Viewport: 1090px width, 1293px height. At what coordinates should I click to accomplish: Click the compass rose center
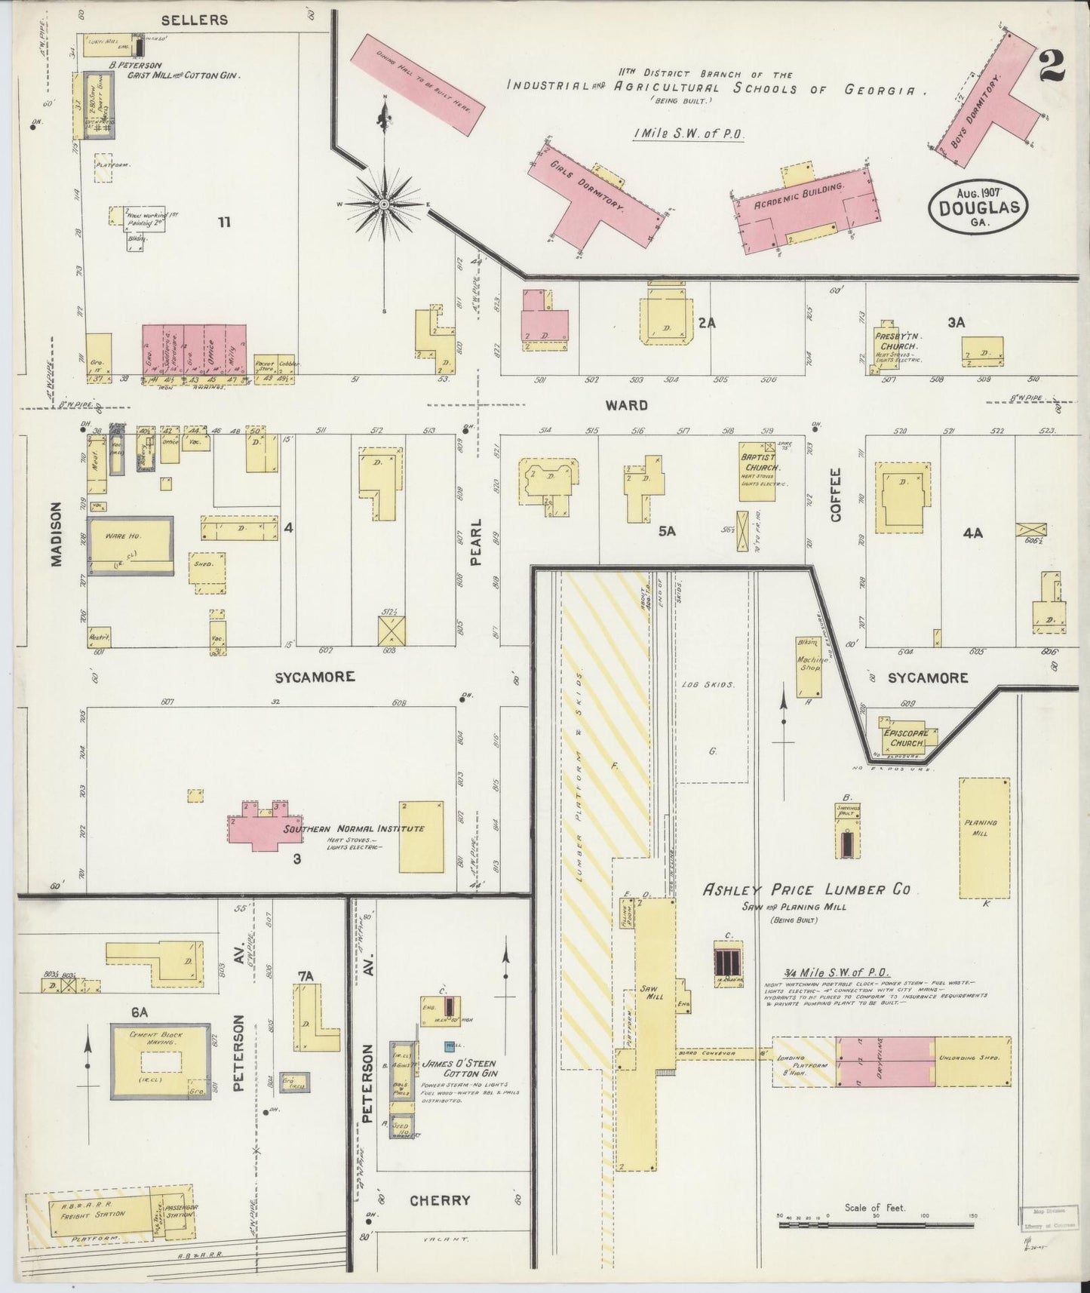coord(385,204)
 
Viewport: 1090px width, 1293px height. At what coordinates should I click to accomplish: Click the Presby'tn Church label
coord(895,340)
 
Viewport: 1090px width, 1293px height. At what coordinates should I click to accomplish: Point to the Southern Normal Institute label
coord(353,828)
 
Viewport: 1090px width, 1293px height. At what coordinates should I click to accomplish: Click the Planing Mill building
coord(984,837)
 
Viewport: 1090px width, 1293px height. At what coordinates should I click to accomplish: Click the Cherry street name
coord(439,1199)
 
